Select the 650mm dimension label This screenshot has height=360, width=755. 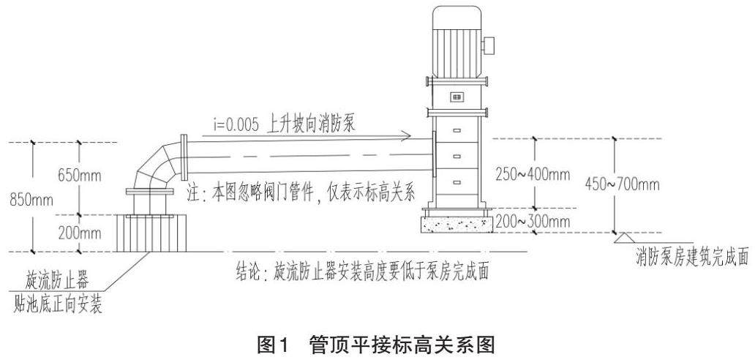click(x=80, y=176)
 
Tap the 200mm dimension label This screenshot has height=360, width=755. click(x=80, y=233)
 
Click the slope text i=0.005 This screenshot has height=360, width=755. click(x=236, y=125)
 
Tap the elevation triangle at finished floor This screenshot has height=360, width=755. click(x=625, y=238)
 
